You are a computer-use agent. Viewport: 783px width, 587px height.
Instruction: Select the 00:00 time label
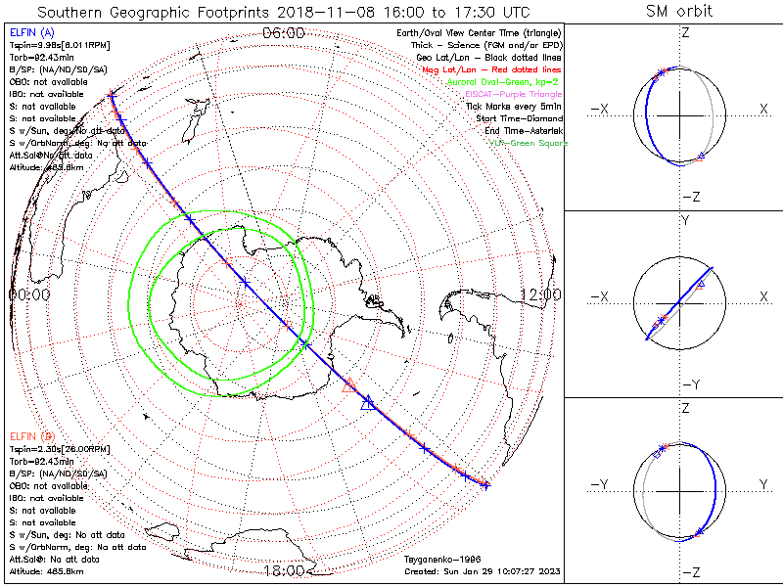(x=29, y=293)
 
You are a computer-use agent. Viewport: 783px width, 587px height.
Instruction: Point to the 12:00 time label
(x=540, y=293)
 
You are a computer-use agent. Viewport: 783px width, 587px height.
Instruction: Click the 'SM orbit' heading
(x=679, y=12)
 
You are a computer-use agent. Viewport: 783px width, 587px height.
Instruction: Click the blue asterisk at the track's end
(x=485, y=484)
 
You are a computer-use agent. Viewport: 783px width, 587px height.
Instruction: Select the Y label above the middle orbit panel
(x=685, y=221)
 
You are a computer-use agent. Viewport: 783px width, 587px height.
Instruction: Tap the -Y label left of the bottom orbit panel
(x=600, y=484)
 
